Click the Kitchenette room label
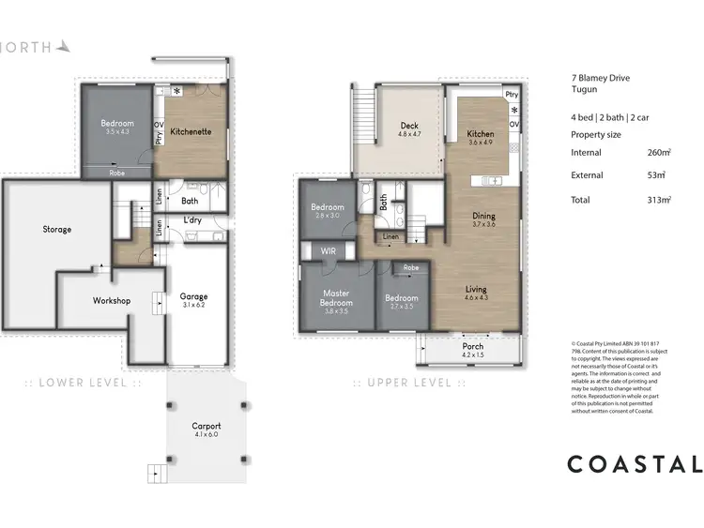coord(191,132)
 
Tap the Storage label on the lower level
coord(56,229)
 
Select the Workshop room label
coord(111,300)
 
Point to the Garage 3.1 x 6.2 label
coord(194,301)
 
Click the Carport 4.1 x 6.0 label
coord(205,429)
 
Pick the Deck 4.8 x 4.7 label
coord(409,130)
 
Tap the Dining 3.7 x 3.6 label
coord(483,220)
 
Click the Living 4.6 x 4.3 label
coord(476,294)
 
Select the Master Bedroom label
coord(335,298)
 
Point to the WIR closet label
coord(328,251)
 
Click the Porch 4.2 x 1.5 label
coord(472,351)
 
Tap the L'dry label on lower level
coord(193,220)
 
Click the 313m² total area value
coord(659,200)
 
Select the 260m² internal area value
coord(659,151)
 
